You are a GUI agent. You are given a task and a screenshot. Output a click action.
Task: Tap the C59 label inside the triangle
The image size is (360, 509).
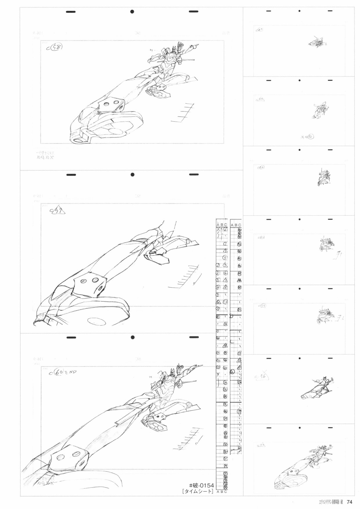57,211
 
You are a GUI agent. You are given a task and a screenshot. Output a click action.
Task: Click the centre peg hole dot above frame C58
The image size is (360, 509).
132,12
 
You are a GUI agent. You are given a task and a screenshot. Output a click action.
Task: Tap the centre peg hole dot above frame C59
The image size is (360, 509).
132,175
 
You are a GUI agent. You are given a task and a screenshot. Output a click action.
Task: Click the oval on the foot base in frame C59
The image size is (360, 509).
97,321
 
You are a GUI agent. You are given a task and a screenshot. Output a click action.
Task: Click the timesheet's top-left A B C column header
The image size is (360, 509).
222,224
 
